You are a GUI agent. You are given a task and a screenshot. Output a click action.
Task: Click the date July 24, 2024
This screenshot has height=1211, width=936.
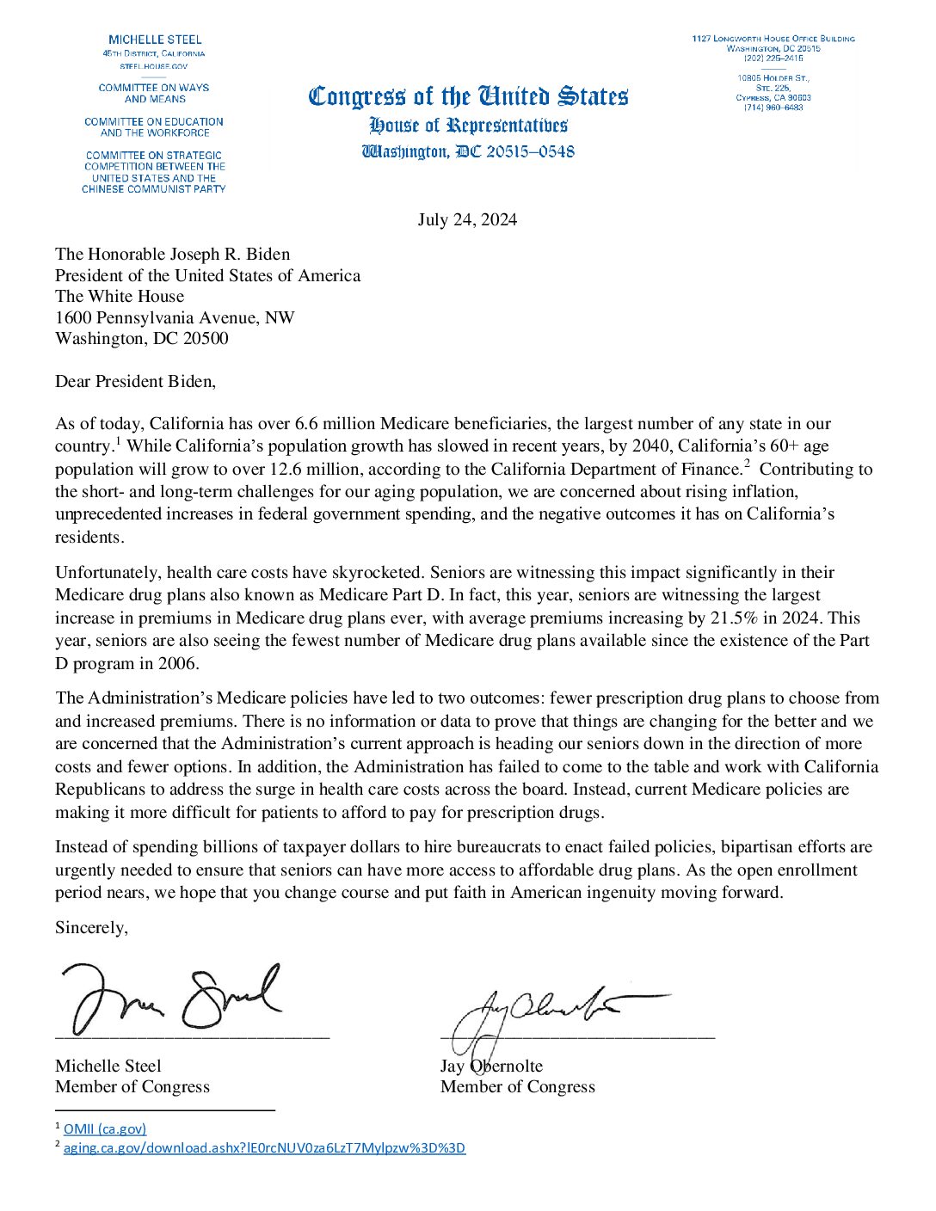click(467, 220)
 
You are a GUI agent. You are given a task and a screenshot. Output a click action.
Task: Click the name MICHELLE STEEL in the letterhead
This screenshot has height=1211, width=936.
click(155, 40)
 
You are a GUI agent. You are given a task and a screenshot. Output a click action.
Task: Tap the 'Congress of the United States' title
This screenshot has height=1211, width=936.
click(468, 95)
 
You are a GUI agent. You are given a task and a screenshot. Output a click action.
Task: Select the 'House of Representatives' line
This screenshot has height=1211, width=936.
click(468, 126)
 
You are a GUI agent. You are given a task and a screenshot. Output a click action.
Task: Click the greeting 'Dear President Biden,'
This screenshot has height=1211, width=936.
click(135, 381)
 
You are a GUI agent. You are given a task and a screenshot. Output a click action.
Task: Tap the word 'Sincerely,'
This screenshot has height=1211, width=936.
click(91, 927)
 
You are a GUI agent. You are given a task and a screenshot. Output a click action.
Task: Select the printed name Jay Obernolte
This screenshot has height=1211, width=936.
click(491, 1066)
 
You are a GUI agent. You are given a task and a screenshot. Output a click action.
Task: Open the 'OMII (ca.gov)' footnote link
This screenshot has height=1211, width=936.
click(105, 1128)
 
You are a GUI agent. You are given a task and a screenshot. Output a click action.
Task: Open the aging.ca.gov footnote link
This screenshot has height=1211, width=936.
click(264, 1147)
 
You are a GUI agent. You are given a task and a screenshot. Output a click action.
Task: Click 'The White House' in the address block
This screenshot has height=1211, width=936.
click(120, 296)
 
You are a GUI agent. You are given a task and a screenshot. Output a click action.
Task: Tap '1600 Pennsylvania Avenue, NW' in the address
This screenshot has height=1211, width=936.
click(175, 317)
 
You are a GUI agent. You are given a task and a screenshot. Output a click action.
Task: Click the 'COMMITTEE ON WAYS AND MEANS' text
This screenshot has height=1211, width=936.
click(154, 93)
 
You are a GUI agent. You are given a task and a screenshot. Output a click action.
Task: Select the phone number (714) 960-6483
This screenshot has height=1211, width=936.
click(773, 108)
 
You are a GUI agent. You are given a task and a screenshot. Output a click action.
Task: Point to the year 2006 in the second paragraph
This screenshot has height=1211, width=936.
click(177, 663)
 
